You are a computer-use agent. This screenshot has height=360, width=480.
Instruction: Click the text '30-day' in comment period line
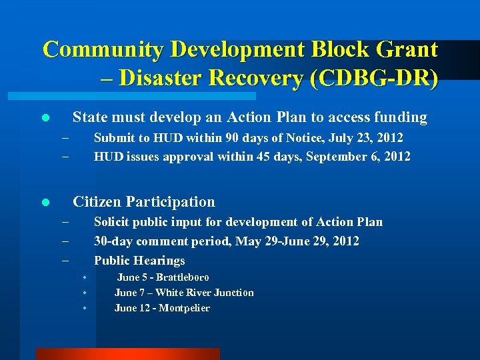(x=112, y=241)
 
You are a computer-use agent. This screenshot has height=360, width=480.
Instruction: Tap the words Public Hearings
(x=139, y=261)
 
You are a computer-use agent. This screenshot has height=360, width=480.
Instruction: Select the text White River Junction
(x=204, y=293)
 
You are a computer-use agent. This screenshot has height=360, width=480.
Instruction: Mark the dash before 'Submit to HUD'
(x=65, y=138)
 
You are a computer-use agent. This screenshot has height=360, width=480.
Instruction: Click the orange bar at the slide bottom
(x=127, y=354)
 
